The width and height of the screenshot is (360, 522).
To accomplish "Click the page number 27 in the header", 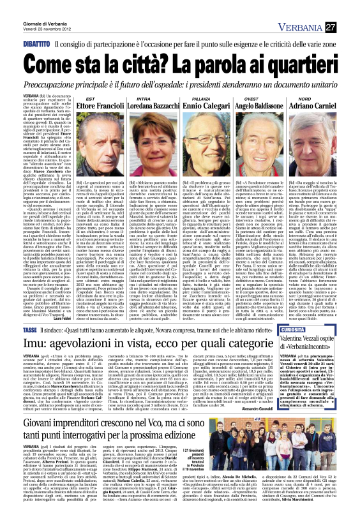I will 349,26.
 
